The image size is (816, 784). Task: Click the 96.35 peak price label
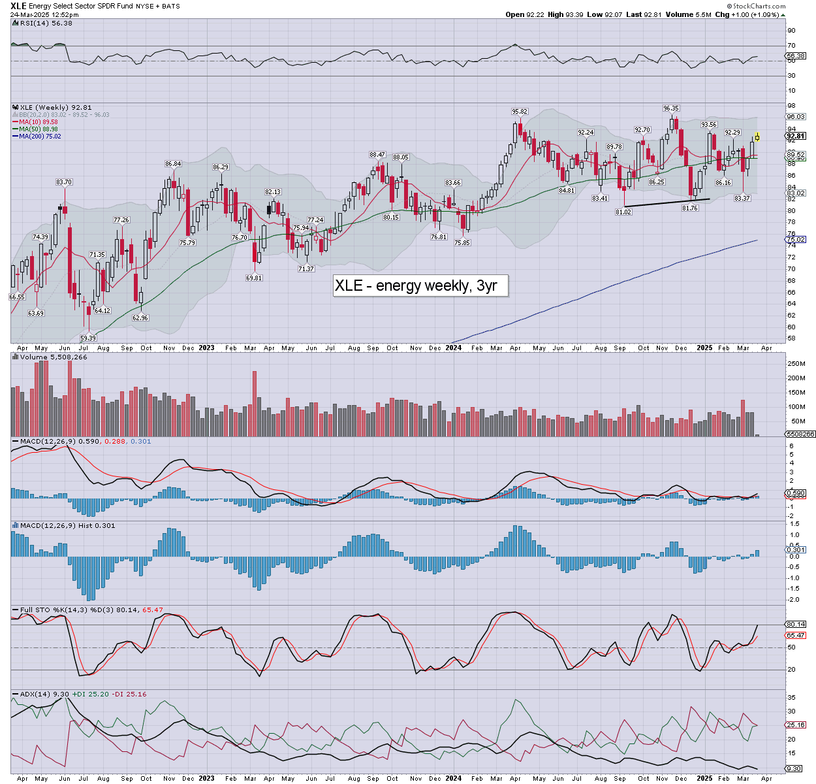pos(671,108)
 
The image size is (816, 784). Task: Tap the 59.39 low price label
pos(88,338)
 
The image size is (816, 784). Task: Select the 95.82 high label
pos(520,112)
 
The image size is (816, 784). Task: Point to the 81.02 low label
pos(623,212)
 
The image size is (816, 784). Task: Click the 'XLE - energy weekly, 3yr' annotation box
pos(420,286)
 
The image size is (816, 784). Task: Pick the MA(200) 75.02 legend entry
pos(40,136)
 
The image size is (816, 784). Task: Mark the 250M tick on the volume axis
pos(796,364)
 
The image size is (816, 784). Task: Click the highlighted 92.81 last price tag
pos(796,136)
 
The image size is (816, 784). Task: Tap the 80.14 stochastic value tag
pos(796,625)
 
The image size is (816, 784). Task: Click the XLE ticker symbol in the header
pos(18,6)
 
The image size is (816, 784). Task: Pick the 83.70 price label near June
pos(64,182)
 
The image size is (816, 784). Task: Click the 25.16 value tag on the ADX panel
pos(796,725)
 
